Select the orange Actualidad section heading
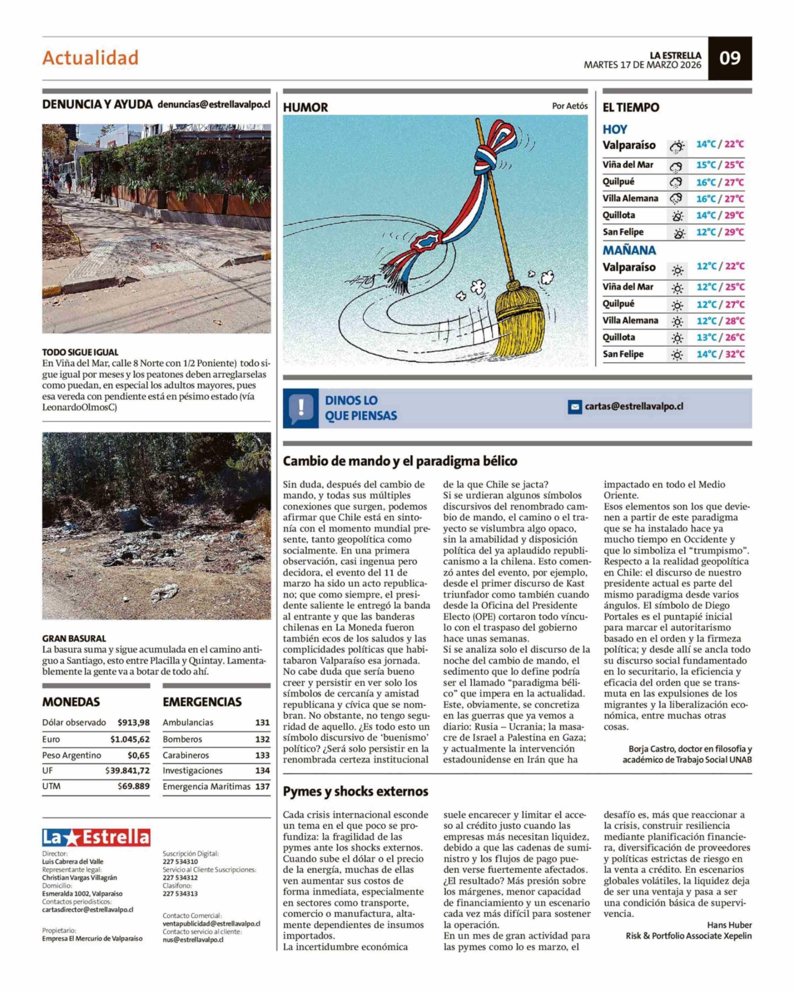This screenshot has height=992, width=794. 90,58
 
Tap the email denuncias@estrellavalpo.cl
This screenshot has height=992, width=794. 214,104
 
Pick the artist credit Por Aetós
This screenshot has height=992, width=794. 569,106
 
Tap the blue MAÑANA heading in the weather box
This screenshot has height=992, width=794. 629,251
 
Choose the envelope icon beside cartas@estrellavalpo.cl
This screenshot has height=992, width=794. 574,407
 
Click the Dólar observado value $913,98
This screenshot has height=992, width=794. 133,723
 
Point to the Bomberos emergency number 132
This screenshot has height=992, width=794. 262,739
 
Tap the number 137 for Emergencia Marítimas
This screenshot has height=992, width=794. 262,786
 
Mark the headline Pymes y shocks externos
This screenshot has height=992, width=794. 355,791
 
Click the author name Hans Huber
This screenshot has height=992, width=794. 729,925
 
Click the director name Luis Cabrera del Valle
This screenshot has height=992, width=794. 73,862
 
